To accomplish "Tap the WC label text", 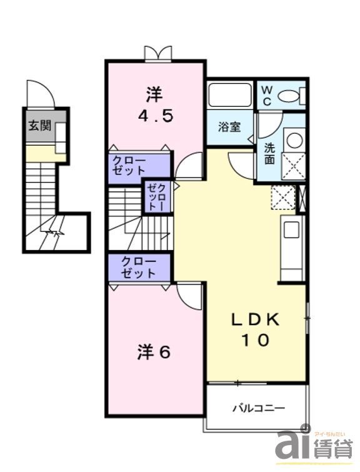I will [x=266, y=95].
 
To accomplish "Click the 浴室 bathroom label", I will [x=229, y=128].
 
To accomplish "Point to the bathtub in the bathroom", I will [x=231, y=96].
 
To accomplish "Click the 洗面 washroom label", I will [x=269, y=154].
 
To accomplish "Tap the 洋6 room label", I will [x=154, y=353].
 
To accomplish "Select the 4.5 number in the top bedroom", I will [x=155, y=116].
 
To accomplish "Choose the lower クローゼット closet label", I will [x=138, y=267].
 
